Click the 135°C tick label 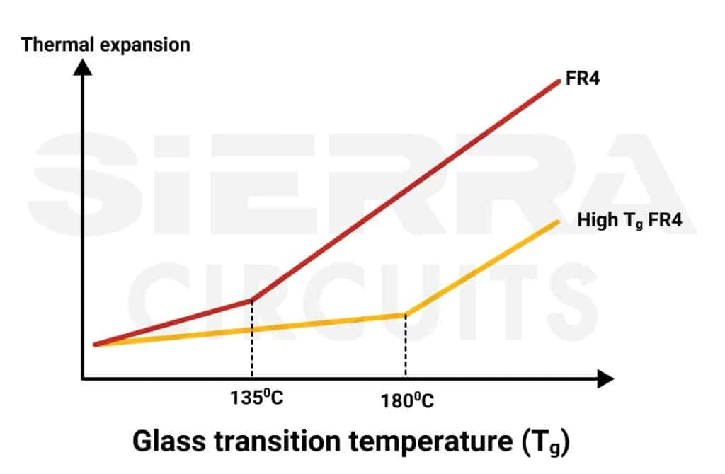tap(256, 397)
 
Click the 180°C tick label tap(407, 401)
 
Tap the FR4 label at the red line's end tap(583, 79)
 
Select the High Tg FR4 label tap(629, 220)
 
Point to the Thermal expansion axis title tap(106, 45)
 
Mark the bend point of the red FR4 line tap(251, 300)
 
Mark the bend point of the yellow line tap(405, 315)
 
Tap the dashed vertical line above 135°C tap(251, 340)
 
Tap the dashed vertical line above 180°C tap(405, 347)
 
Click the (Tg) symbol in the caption tap(544, 444)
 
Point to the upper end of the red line tap(559, 82)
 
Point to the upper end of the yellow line tap(557, 222)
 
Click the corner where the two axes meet tap(84, 379)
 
